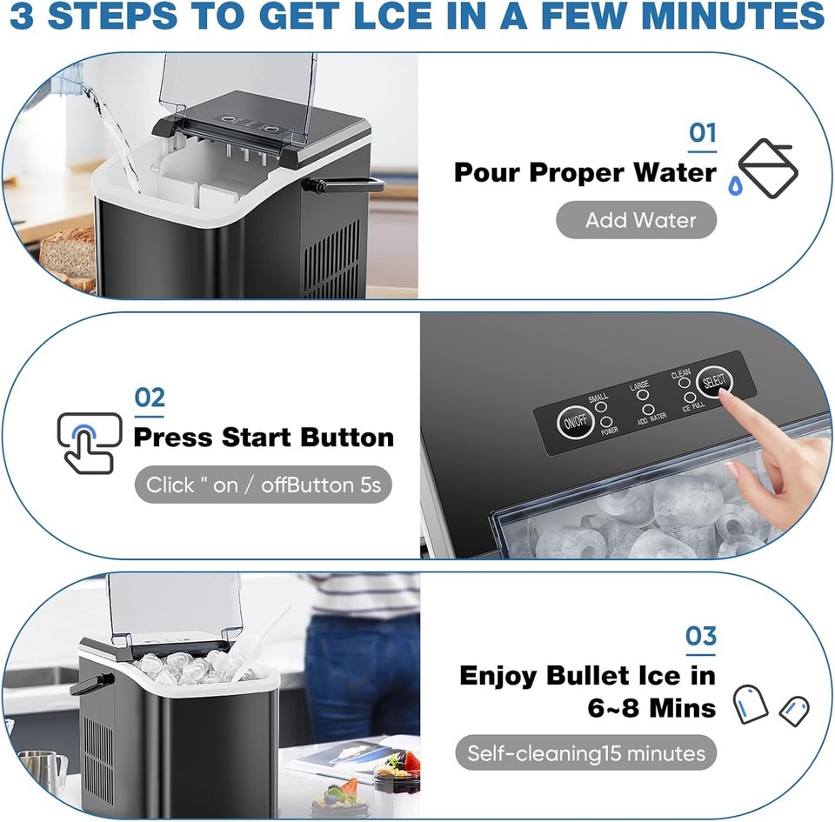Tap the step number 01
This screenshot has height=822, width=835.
pyautogui.click(x=703, y=133)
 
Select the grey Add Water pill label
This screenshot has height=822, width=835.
pyautogui.click(x=637, y=220)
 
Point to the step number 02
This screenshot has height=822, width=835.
pyautogui.click(x=150, y=398)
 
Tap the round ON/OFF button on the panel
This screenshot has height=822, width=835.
pyautogui.click(x=573, y=422)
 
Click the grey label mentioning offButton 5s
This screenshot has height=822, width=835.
pyautogui.click(x=263, y=485)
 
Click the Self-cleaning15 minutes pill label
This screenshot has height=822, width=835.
pyautogui.click(x=586, y=752)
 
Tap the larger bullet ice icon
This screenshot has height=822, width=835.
pyautogui.click(x=750, y=704)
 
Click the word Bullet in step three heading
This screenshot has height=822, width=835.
pyautogui.click(x=603, y=675)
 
